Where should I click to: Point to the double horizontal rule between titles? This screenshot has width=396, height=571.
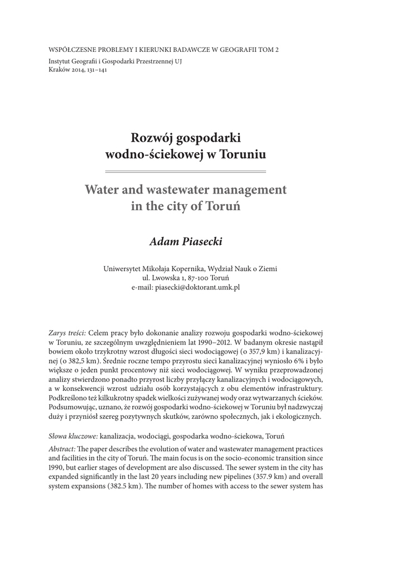[x=186, y=171]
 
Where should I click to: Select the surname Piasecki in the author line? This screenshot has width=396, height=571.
[x=201, y=241]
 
